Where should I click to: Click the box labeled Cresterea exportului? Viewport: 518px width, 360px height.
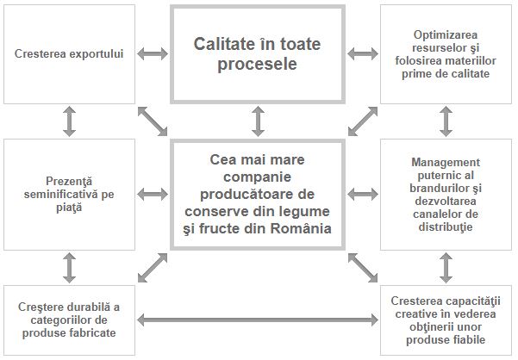(69, 53)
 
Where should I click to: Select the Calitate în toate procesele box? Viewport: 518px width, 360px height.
(259, 53)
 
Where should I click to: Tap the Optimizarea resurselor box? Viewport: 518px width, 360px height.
(446, 53)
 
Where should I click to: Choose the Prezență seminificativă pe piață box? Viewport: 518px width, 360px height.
(69, 196)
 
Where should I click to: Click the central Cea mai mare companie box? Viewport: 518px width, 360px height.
(259, 196)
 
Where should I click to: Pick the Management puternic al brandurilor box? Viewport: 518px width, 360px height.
(446, 196)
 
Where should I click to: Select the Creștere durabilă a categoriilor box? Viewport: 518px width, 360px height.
(69, 320)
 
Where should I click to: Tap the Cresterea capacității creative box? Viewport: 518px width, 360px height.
(446, 320)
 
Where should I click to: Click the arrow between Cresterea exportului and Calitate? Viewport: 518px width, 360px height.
(153, 54)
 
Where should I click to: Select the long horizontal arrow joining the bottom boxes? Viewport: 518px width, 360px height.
(258, 321)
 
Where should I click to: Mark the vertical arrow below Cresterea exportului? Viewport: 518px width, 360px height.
(70, 121)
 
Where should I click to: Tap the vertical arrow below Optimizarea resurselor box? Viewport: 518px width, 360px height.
(446, 121)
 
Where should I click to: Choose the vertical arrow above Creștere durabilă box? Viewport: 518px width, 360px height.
(70, 268)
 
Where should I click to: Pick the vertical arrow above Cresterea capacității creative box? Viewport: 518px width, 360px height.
(446, 268)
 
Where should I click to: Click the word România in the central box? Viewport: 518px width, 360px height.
(297, 228)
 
